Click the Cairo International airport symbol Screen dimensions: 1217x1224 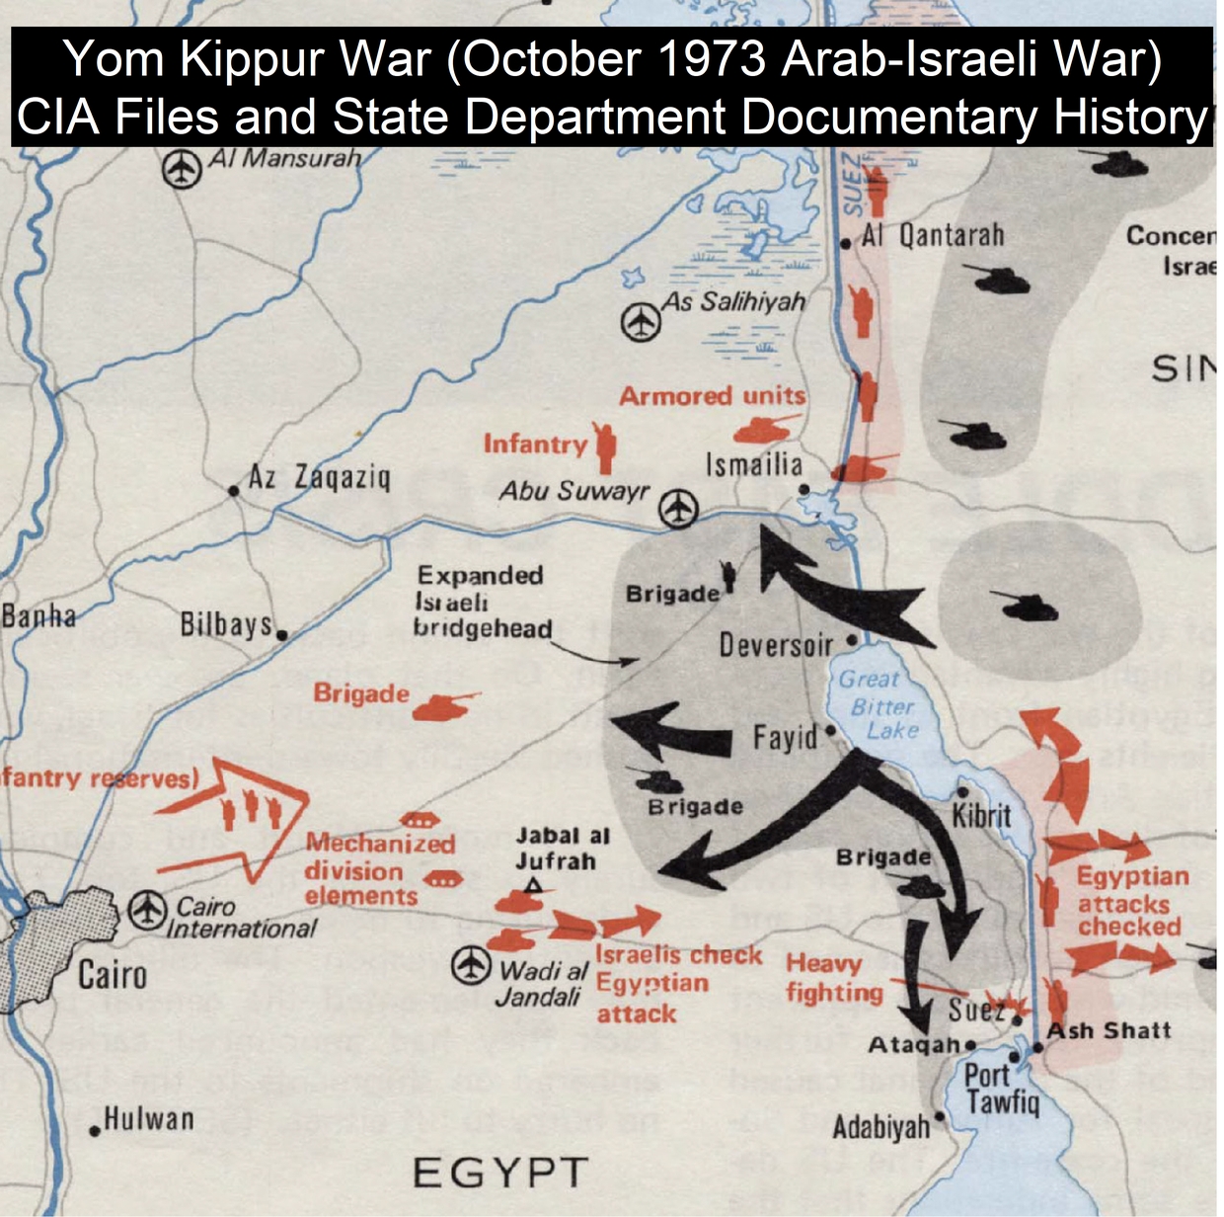pos(147,909)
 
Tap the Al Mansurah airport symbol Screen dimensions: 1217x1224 pos(182,168)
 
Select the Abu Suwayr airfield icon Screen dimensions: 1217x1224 pos(678,509)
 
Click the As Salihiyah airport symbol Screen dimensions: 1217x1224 pos(642,321)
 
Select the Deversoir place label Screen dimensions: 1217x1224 pos(776,646)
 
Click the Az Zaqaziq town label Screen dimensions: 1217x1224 pos(319,478)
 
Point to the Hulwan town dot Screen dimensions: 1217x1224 pos(95,1131)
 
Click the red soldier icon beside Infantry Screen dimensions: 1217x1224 pos(605,446)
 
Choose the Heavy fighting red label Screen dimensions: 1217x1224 pos(834,978)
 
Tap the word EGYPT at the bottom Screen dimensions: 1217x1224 pos(499,1173)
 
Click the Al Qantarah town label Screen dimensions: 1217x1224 pos(932,235)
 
